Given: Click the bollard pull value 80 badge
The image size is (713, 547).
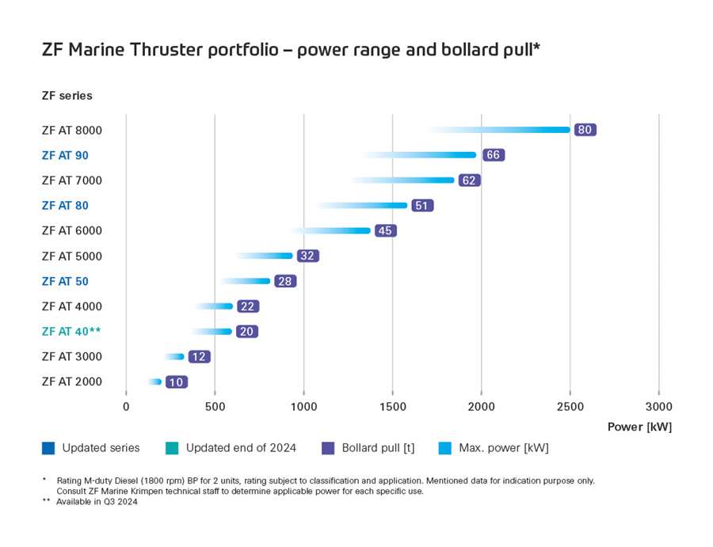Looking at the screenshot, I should point(585,130).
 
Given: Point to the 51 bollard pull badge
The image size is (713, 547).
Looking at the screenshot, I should point(422,206).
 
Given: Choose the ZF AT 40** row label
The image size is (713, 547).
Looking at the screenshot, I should point(71,332).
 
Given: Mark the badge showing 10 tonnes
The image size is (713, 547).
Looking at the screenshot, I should point(177,382).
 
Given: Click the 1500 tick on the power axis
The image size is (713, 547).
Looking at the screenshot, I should point(392,407).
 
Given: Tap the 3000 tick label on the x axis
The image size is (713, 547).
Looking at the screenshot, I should point(658,407).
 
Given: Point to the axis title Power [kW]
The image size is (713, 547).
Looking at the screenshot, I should point(639,427).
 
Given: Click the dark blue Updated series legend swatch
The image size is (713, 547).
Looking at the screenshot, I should point(48,448).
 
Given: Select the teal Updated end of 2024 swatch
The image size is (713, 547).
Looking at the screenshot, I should point(172,448).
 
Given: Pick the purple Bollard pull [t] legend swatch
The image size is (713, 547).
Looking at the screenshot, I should point(328,448).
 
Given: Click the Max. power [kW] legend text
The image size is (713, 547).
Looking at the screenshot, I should point(503,448).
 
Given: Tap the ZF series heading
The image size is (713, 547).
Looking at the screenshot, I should point(67,96).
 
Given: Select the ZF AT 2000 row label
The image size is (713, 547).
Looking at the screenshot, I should point(71,382).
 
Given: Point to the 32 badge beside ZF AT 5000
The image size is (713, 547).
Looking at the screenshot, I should point(307,256).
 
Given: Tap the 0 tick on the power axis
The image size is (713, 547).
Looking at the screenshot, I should point(126,407).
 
